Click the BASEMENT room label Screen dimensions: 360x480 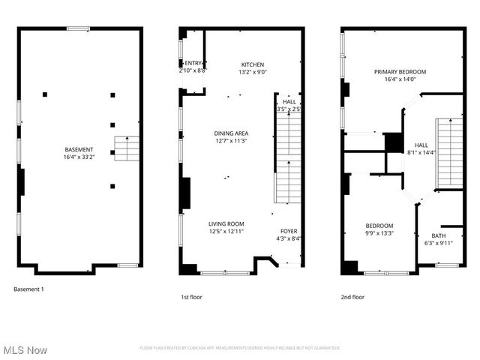(x=79, y=149)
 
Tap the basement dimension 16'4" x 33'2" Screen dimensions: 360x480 (x=79, y=157)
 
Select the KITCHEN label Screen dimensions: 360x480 (x=253, y=64)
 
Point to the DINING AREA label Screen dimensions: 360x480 (x=231, y=133)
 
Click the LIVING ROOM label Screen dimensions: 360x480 (x=226, y=223)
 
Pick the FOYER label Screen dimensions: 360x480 (x=289, y=231)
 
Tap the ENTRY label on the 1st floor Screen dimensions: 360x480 (x=193, y=63)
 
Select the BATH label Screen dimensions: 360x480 (x=438, y=235)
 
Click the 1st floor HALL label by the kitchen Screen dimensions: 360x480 (x=289, y=101)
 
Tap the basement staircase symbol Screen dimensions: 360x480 (x=127, y=148)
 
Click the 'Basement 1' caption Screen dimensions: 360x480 (x=29, y=289)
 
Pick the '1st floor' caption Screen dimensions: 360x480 (x=191, y=297)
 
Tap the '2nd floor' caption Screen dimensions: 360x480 (x=352, y=297)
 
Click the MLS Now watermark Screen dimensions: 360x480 (x=25, y=350)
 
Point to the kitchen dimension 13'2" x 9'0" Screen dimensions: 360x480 (x=253, y=72)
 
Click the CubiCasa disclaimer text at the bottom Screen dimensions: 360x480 (x=239, y=348)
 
